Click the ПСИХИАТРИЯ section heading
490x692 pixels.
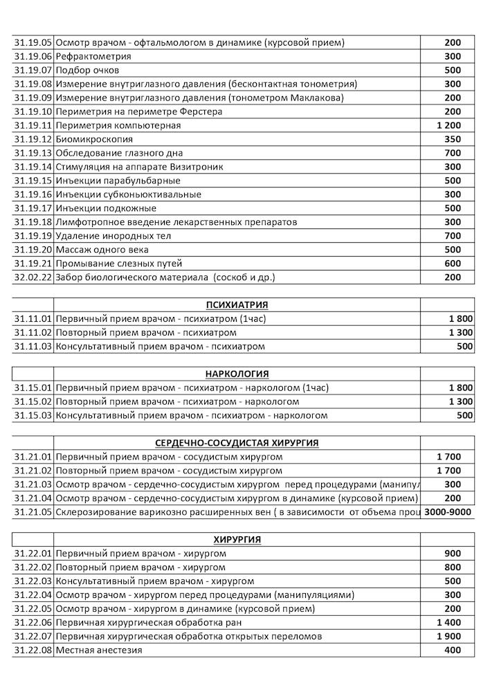coord(237,304)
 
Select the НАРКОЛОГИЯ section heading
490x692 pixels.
coord(237,374)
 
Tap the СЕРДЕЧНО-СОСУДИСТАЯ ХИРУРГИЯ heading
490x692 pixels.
coord(237,443)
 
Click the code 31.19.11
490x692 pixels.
coord(33,125)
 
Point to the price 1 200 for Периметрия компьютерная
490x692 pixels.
coord(450,125)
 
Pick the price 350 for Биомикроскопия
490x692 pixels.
coord(453,139)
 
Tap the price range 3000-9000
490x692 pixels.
coord(448,512)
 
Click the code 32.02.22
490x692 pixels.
coord(33,277)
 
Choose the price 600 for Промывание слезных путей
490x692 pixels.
coord(453,264)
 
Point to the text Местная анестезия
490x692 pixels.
coord(98,650)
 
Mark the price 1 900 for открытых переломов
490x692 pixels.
coord(450,637)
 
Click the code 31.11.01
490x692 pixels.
coord(33,318)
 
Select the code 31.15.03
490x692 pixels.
coord(33,415)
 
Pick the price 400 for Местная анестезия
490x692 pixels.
coord(453,650)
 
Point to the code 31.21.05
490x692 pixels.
coord(33,512)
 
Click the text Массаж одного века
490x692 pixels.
coord(102,250)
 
